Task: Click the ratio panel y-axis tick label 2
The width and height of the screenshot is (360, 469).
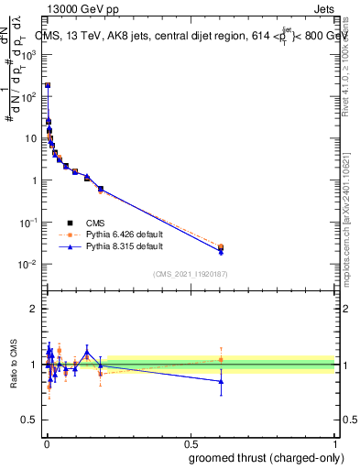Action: coord(34,309)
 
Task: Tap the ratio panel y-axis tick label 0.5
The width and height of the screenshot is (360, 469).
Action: coord(30,421)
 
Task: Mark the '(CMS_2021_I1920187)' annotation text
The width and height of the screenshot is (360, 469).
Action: coord(190,273)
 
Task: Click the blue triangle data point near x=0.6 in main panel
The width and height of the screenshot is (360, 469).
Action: coord(221,251)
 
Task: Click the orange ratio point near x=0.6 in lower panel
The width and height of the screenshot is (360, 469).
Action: coord(221,359)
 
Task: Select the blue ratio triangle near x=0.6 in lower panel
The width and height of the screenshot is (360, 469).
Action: coord(221,381)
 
